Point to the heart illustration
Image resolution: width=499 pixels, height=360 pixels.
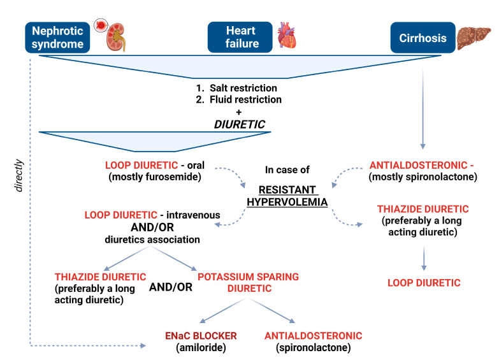point(287,37)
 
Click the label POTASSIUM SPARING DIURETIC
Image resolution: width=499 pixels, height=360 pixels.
point(249,282)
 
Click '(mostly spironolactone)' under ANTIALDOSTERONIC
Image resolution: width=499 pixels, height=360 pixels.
point(423,178)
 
